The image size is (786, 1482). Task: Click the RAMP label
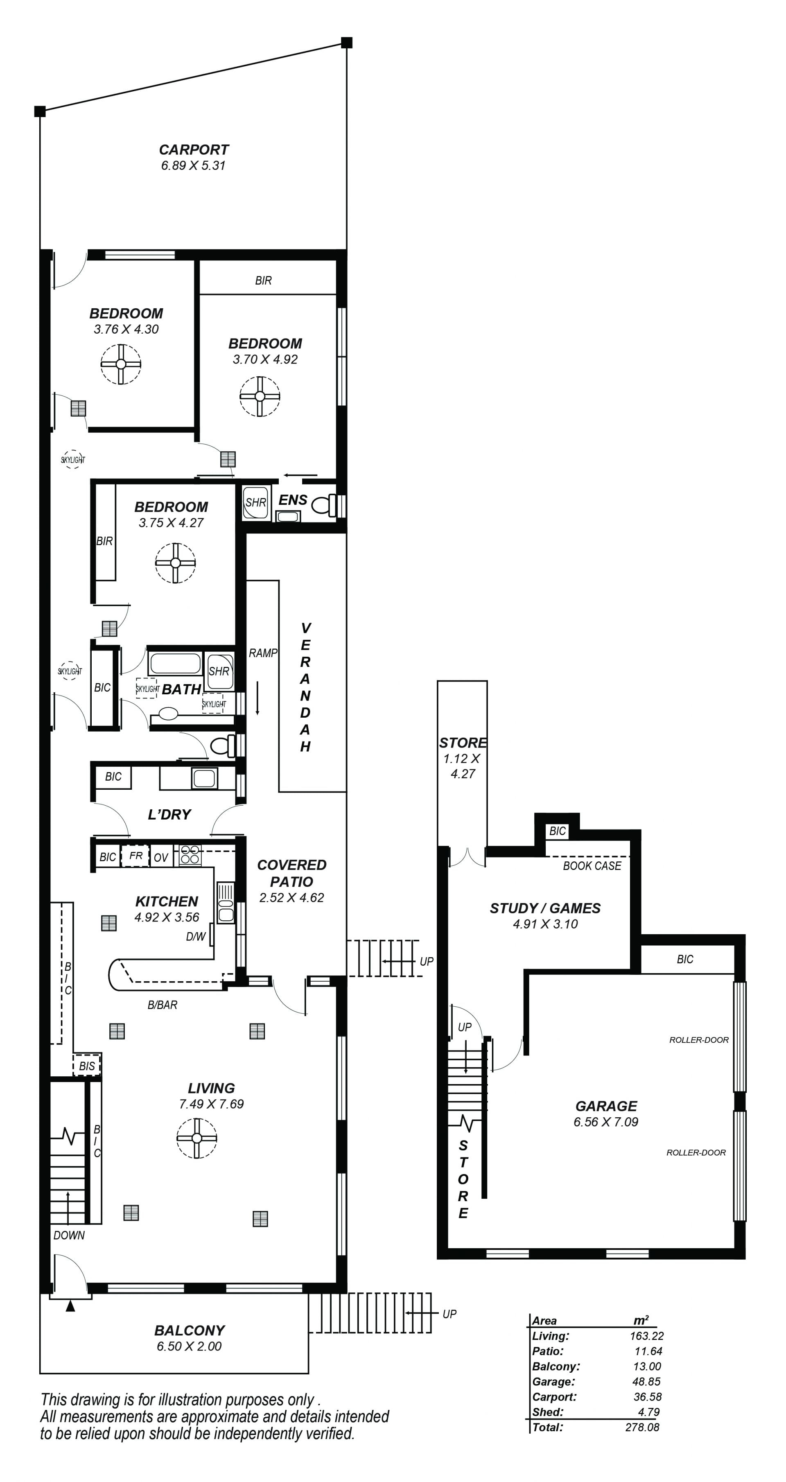263,653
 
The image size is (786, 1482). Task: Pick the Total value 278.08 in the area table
642,1427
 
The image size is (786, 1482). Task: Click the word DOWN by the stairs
69,1235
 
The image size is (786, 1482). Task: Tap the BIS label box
87,1066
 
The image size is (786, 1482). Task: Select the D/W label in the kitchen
196,937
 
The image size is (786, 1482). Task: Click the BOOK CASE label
592,866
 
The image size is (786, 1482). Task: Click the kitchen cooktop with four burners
190,854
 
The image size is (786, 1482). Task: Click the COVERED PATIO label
292,873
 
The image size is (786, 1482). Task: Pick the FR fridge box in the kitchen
136,856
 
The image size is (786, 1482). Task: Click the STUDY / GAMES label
545,908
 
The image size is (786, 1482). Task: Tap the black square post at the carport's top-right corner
346,43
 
